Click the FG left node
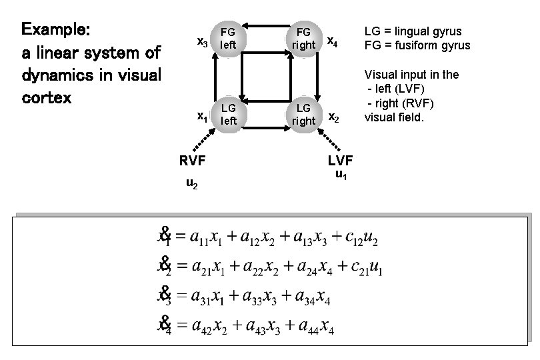click(229, 39)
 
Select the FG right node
click(303, 39)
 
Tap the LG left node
click(229, 114)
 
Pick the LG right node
click(303, 114)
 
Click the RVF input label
click(191, 160)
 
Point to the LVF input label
click(341, 160)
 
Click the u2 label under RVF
click(191, 183)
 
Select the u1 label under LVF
click(341, 175)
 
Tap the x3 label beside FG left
click(203, 42)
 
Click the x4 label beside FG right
click(332, 42)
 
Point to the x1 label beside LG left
click(201, 117)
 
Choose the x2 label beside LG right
click(333, 118)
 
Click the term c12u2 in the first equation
click(363, 237)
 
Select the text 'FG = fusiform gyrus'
click(417, 45)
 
